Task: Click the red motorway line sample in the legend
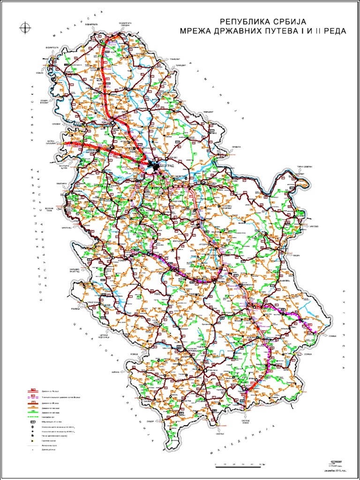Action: click(x=33, y=390)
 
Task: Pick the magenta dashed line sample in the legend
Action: click(x=33, y=397)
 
